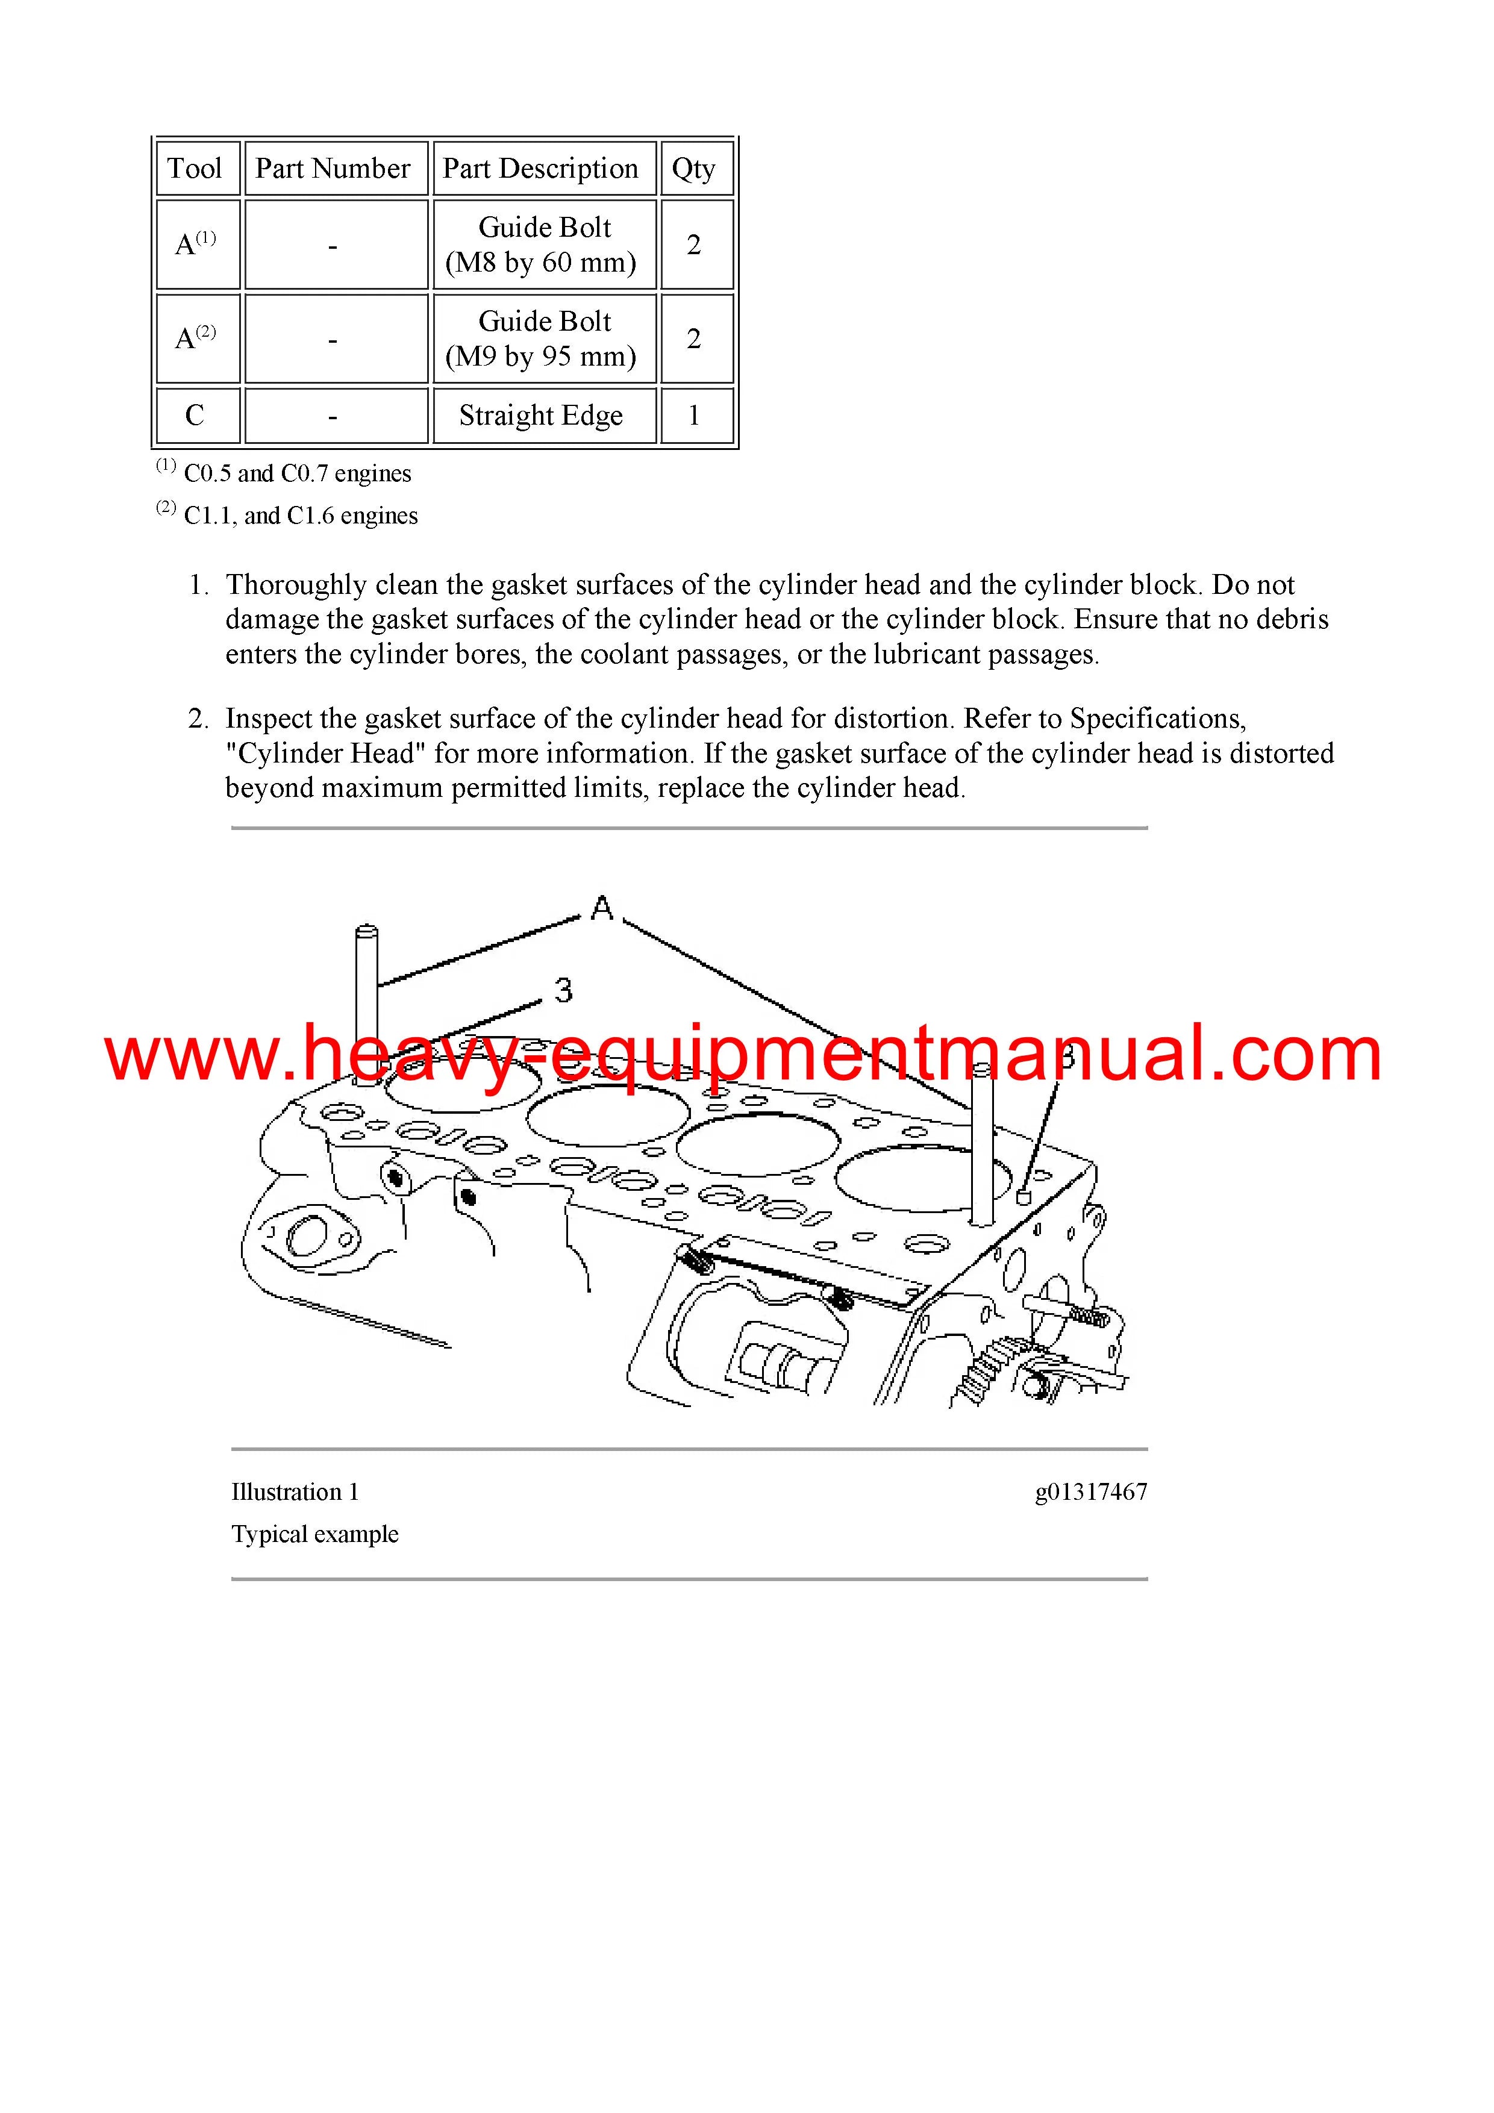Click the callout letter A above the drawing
click(x=602, y=908)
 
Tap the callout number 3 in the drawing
click(x=563, y=990)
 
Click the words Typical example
click(x=315, y=1534)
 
